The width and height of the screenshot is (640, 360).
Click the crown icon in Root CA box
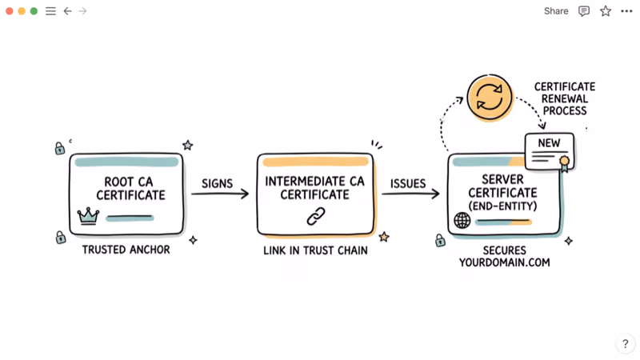(x=87, y=215)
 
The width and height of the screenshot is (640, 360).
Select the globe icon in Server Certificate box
(x=462, y=220)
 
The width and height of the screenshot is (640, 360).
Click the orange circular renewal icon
(x=490, y=98)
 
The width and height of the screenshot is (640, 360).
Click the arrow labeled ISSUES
(x=410, y=194)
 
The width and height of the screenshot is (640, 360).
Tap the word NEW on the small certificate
(x=549, y=143)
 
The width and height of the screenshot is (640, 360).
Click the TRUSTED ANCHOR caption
(x=126, y=250)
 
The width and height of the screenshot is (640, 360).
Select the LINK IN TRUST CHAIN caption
(x=315, y=250)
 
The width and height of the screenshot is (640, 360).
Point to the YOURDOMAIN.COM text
(x=504, y=262)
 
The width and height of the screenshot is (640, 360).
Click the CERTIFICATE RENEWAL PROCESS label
(x=564, y=98)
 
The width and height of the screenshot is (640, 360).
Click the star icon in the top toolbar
(x=606, y=11)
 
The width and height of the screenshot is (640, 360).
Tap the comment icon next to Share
(x=584, y=11)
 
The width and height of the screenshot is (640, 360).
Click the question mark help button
(x=625, y=344)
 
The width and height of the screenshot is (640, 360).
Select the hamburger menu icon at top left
(x=50, y=11)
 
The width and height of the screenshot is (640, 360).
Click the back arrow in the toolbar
(x=67, y=11)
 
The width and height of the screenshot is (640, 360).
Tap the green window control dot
(x=34, y=11)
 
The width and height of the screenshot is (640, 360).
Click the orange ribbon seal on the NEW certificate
(x=565, y=162)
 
